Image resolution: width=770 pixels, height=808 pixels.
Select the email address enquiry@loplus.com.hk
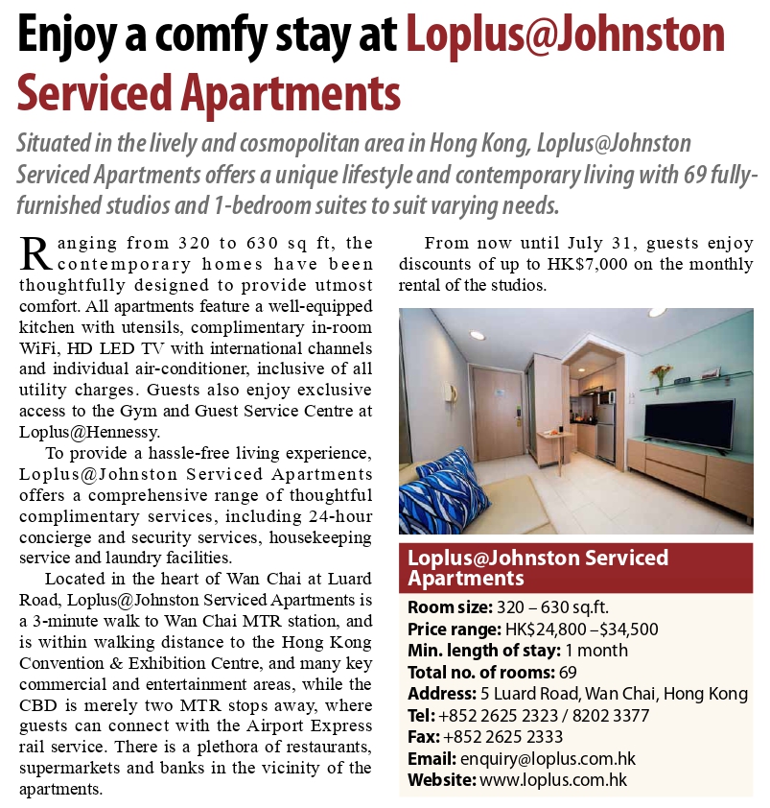[548, 758]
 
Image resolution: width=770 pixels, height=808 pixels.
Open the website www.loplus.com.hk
[552, 779]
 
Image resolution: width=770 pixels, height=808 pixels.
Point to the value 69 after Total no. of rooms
[568, 672]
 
